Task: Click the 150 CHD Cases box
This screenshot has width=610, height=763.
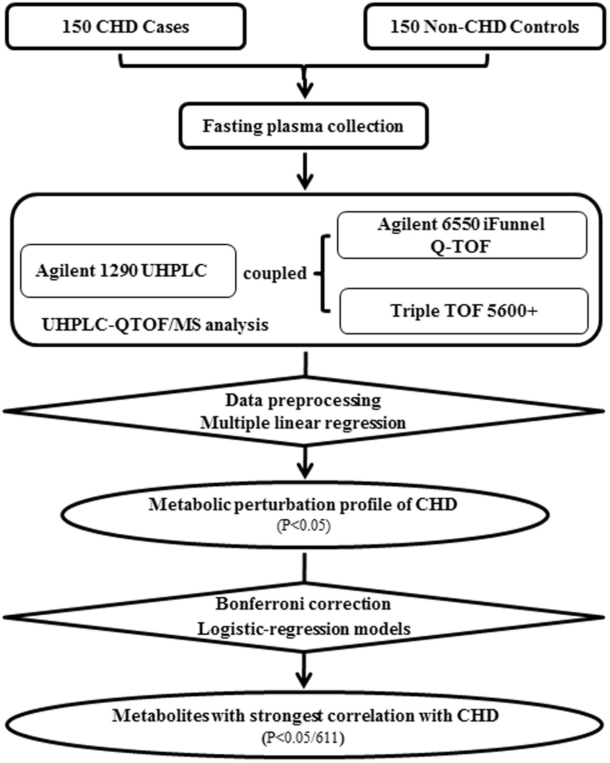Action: (x=125, y=26)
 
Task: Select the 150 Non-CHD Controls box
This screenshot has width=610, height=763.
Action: (x=484, y=26)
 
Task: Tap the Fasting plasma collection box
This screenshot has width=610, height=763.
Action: (x=303, y=126)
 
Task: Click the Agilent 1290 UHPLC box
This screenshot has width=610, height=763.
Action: (x=128, y=271)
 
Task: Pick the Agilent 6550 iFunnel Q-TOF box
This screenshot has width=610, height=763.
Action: (x=462, y=235)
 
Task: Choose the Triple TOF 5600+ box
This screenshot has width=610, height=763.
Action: (x=464, y=311)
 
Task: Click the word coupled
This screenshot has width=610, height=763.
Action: (x=275, y=273)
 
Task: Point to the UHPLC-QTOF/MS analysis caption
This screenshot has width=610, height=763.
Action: (x=155, y=325)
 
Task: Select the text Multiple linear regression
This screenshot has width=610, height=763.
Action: (x=303, y=423)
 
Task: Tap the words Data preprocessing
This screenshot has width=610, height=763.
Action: (x=303, y=400)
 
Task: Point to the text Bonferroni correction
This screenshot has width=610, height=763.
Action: (x=303, y=604)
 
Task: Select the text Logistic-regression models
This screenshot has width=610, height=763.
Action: (x=303, y=629)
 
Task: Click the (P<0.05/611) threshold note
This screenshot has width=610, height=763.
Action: (x=303, y=738)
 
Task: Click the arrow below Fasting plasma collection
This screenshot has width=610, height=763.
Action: (x=305, y=173)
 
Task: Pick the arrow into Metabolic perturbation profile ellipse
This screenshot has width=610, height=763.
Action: (x=305, y=465)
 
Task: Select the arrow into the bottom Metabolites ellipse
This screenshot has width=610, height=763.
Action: (x=304, y=673)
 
